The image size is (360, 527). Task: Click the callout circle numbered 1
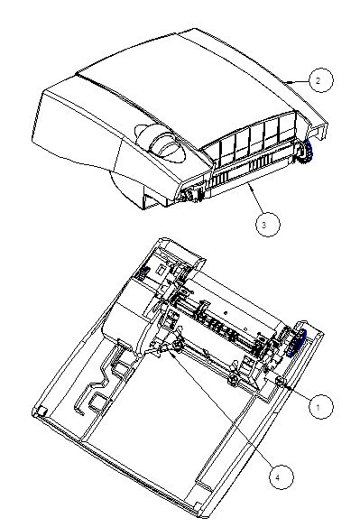(x=320, y=407)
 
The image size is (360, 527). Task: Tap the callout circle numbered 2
(x=320, y=80)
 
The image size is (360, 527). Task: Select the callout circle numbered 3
(x=268, y=224)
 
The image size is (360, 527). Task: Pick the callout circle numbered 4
(x=281, y=477)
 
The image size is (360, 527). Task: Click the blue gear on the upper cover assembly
(x=309, y=153)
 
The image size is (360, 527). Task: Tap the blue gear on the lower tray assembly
(x=298, y=343)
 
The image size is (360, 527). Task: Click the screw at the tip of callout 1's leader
(x=280, y=381)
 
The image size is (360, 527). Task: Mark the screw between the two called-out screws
(x=233, y=379)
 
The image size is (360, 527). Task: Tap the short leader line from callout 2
(x=296, y=81)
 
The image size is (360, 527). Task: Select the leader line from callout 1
(x=297, y=393)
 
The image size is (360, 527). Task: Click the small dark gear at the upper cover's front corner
(x=186, y=195)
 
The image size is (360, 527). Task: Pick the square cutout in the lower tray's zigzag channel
(x=97, y=401)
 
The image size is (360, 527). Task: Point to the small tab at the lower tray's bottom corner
(x=199, y=506)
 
